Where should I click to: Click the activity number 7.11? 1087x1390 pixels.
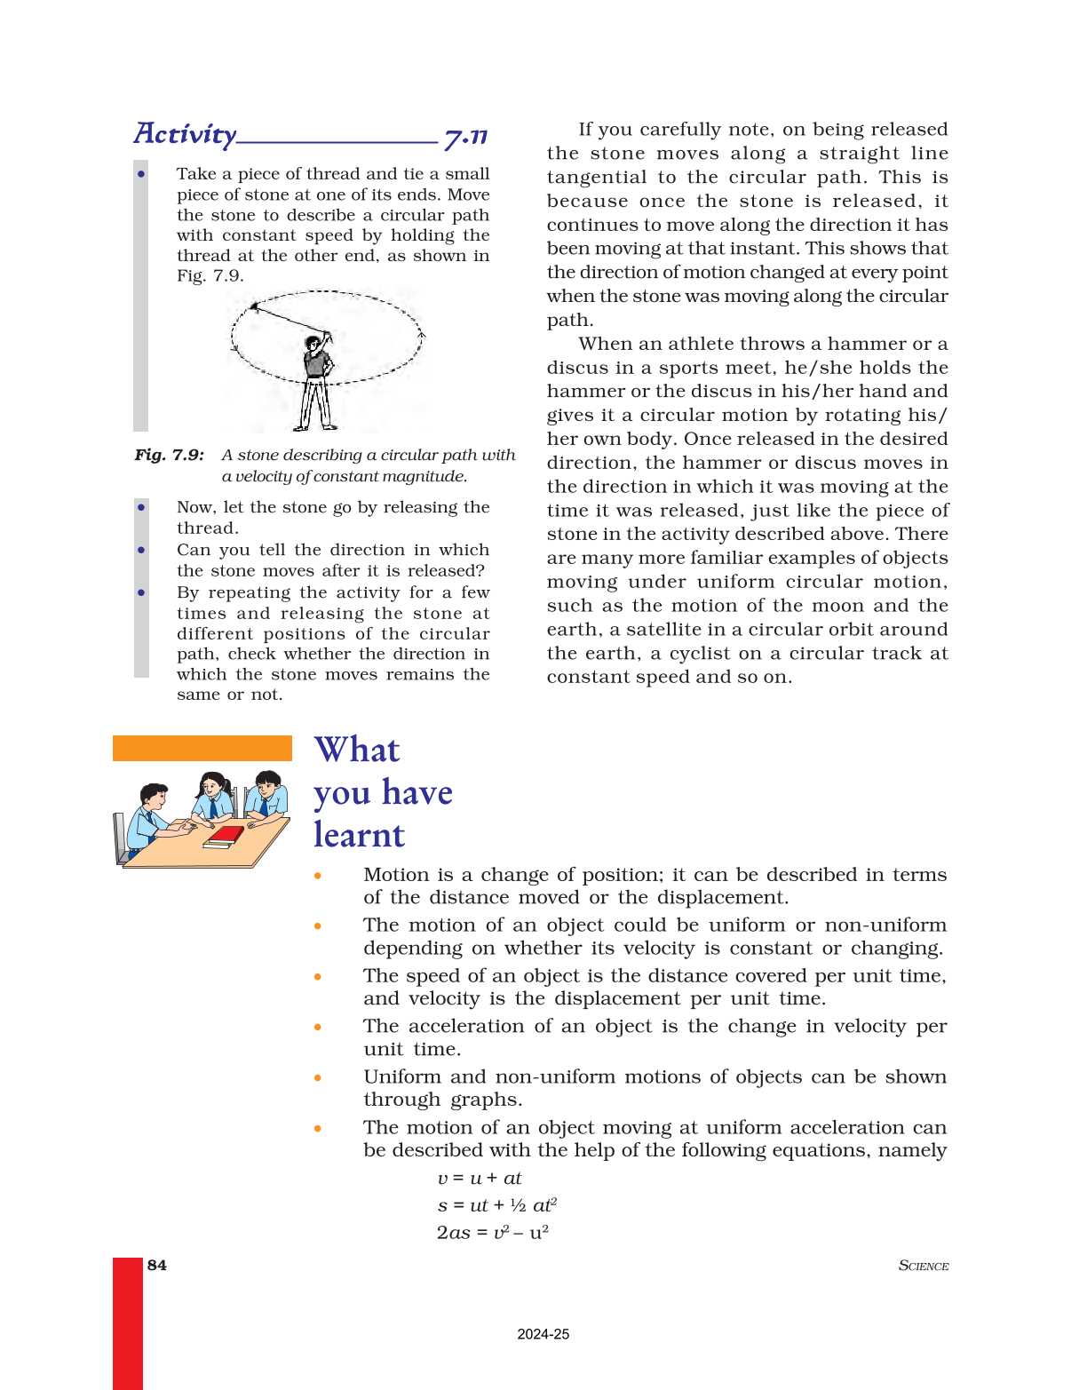coord(465,137)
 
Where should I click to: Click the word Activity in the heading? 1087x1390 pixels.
coord(185,134)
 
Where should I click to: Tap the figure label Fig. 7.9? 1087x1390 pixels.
coord(170,455)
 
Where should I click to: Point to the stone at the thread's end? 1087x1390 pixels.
coord(255,307)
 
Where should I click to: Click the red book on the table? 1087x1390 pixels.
coord(225,836)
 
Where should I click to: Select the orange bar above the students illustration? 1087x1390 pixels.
coord(202,748)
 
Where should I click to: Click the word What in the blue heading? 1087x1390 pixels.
coord(357,750)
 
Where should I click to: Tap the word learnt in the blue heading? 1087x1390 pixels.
coord(359,835)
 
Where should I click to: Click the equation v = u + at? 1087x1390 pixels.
coord(480,1178)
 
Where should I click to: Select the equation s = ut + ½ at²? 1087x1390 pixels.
coord(496,1204)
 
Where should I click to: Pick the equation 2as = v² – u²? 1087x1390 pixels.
coord(492,1232)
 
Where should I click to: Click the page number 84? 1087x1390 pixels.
coord(157,1265)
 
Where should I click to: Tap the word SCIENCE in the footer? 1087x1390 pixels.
coord(924,1266)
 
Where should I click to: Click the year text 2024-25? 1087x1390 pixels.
coord(543,1334)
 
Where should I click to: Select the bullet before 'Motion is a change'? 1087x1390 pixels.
coord(318,876)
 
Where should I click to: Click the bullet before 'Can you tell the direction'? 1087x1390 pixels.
coord(141,550)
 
